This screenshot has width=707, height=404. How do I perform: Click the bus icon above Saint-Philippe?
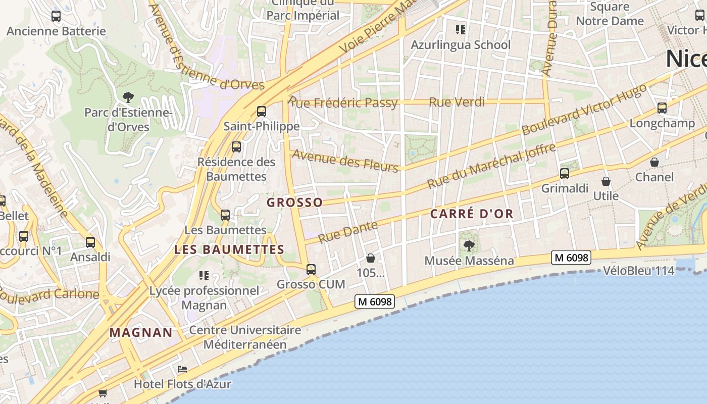pyautogui.click(x=262, y=112)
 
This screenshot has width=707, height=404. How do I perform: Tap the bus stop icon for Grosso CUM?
pyautogui.click(x=311, y=270)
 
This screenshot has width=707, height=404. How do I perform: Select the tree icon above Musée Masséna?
pyautogui.click(x=469, y=246)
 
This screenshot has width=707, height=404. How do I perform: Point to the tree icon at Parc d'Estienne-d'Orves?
pyautogui.click(x=128, y=97)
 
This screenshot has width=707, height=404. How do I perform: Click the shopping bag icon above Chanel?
pyautogui.click(x=654, y=162)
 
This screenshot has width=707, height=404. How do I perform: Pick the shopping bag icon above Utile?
pyautogui.click(x=606, y=181)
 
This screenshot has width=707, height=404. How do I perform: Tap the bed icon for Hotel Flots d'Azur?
pyautogui.click(x=182, y=369)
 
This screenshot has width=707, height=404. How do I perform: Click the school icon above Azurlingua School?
pyautogui.click(x=460, y=30)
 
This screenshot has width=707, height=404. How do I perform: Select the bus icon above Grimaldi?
pyautogui.click(x=565, y=174)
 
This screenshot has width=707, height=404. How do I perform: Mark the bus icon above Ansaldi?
pyautogui.click(x=90, y=242)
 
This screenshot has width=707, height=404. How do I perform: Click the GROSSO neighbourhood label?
pyautogui.click(x=294, y=203)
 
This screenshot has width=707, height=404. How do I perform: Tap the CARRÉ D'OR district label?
pyautogui.click(x=472, y=214)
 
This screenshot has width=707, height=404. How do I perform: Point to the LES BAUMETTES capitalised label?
pyautogui.click(x=229, y=249)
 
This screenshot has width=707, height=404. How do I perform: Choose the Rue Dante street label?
pyautogui.click(x=348, y=231)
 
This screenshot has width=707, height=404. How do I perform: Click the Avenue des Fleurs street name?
pyautogui.click(x=345, y=161)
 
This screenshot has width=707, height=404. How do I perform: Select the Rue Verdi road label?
pyautogui.click(x=457, y=102)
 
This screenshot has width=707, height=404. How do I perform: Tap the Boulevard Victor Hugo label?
pyautogui.click(x=584, y=110)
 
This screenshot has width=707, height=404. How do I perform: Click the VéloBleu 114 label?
pyautogui.click(x=638, y=271)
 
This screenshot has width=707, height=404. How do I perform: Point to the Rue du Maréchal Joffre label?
pyautogui.click(x=491, y=166)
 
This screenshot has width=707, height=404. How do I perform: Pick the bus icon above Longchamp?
pyautogui.click(x=662, y=108)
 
